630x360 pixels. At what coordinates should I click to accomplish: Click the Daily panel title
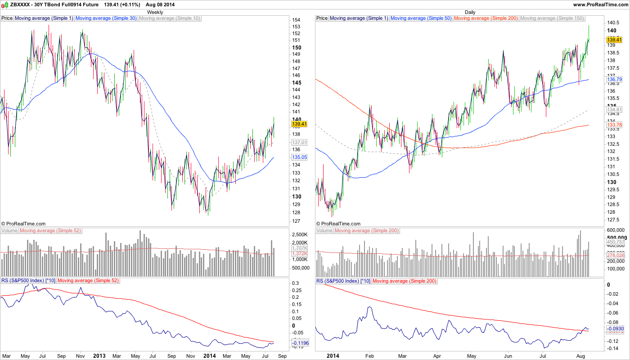coord(470,12)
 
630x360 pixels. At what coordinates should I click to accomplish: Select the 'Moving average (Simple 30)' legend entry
coord(106,18)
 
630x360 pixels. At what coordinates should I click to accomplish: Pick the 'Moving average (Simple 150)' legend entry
coord(552,18)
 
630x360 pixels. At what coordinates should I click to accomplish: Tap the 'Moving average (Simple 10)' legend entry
coord(170,18)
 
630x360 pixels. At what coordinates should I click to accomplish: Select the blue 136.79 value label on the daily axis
coord(614,80)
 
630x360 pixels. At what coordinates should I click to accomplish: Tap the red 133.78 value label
coord(614,125)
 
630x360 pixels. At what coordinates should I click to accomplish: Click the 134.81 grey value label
coord(614,109)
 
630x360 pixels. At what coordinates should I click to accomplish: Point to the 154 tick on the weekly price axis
coord(296,20)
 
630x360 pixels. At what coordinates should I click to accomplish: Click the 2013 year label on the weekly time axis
coord(99,355)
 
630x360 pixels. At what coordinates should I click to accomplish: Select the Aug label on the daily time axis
coord(580,355)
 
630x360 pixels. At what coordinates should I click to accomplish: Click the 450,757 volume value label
coord(616,242)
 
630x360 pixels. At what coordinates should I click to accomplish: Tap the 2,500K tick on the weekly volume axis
coord(300,235)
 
